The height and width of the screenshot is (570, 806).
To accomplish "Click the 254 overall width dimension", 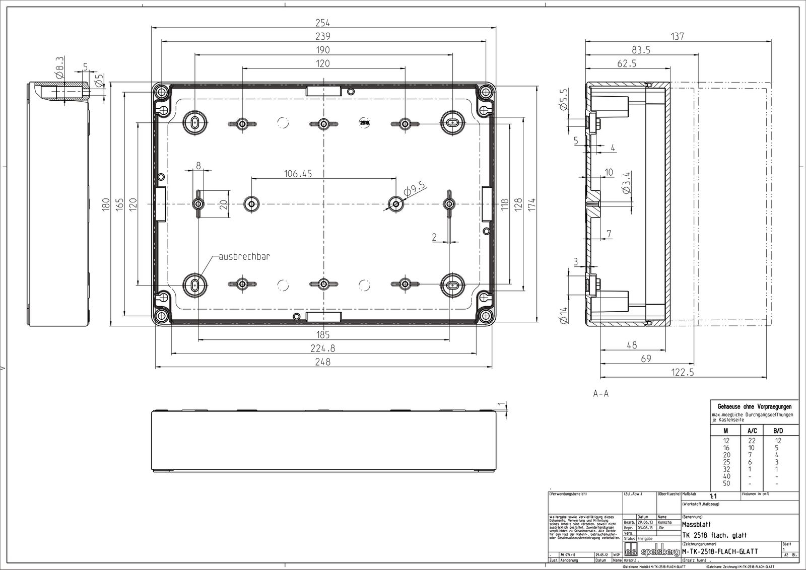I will click(x=322, y=23).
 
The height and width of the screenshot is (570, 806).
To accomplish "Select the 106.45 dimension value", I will click(x=298, y=174).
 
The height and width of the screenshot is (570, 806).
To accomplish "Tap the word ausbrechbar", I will click(x=244, y=257).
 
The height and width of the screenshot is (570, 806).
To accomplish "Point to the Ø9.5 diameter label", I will click(x=415, y=190).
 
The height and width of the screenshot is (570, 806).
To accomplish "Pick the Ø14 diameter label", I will click(x=563, y=316).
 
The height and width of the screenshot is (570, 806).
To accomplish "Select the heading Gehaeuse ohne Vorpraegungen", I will click(x=754, y=406).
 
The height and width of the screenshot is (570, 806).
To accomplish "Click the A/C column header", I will click(x=751, y=431).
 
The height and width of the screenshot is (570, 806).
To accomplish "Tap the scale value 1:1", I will click(x=713, y=495).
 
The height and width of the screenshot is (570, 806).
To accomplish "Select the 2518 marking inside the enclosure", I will click(x=364, y=122).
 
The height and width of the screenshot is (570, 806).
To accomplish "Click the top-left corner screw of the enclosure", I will click(x=162, y=92).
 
